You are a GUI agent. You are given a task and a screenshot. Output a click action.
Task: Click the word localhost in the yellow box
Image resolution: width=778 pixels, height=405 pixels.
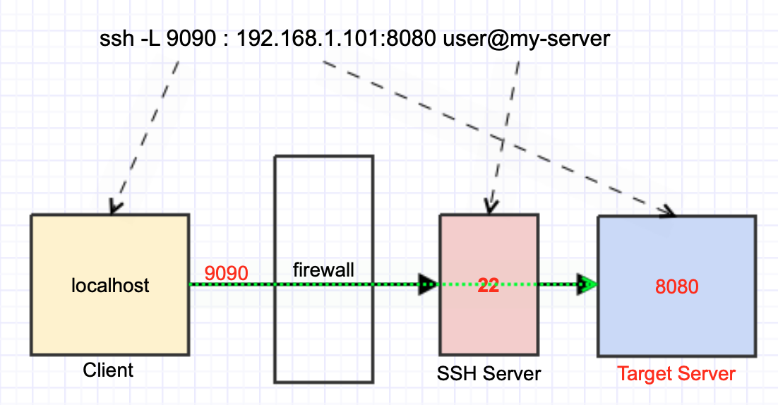110,286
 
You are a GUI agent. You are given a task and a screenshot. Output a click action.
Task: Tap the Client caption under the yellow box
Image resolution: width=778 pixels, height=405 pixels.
108,370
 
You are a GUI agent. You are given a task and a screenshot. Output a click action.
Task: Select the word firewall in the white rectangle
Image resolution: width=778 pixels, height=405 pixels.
323,270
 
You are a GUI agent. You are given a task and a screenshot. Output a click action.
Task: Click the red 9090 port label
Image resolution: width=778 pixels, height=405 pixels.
226,273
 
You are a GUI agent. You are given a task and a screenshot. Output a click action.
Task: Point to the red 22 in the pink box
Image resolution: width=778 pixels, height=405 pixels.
489,286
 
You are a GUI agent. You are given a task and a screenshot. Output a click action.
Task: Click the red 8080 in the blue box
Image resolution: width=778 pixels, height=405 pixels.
677,286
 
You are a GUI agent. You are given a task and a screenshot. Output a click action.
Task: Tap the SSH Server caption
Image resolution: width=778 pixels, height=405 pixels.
489,374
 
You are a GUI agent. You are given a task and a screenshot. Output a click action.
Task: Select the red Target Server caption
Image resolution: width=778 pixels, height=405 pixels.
676,374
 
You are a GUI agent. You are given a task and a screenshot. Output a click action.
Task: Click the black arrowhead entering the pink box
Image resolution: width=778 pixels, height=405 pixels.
427,284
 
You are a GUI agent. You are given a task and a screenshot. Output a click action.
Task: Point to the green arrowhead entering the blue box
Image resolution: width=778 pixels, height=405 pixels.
587,284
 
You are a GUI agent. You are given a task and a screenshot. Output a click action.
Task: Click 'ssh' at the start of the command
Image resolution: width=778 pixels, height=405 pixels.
116,39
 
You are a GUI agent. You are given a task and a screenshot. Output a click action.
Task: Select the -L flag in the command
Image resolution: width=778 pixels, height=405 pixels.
151,39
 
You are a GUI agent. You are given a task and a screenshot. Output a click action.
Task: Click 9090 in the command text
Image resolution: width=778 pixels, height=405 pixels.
191,39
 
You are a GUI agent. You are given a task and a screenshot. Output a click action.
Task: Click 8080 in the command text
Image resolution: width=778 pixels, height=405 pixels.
411,39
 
